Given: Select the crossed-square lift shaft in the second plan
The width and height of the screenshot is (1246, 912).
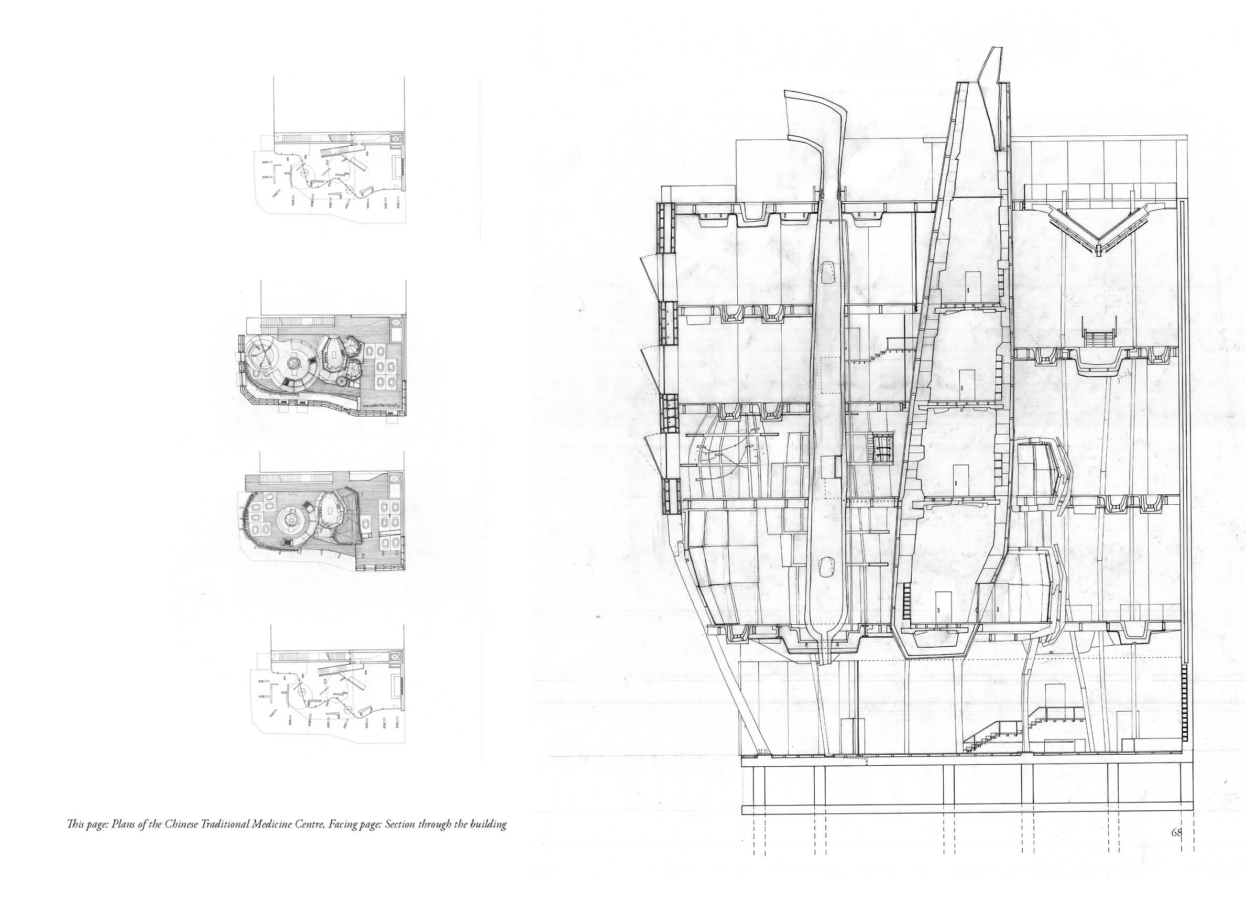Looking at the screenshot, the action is tap(396, 323).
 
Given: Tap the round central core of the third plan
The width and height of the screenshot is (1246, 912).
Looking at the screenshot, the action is tap(290, 519).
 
